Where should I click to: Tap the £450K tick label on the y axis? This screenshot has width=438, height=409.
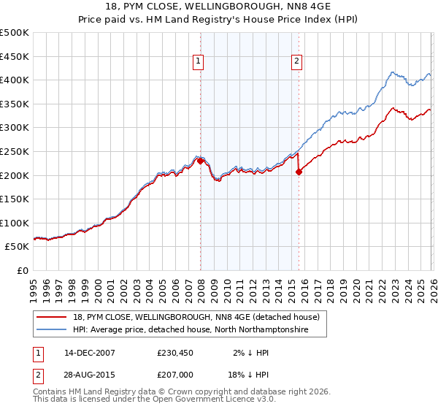coord(15,56)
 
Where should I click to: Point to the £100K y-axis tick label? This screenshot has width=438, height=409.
coord(15,223)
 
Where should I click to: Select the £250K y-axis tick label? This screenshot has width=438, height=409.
coord(15,151)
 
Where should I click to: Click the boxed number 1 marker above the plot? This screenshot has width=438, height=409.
coord(198,62)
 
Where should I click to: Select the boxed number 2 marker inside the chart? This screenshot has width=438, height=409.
coord(297,62)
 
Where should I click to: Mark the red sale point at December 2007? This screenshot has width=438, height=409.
coord(200,161)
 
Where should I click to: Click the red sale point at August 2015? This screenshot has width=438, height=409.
coord(299,172)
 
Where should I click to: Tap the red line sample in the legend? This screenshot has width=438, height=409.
coord(53,317)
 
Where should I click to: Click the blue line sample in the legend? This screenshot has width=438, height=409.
coord(53,330)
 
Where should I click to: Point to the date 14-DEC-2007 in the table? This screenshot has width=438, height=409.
coord(89,353)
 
